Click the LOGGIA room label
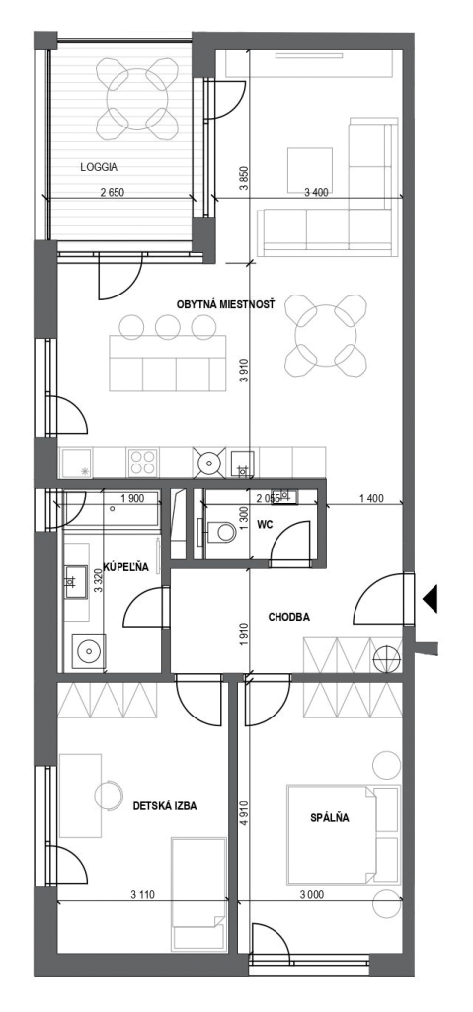(99, 166)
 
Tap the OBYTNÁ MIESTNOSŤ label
(226, 303)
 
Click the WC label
(265, 525)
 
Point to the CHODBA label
(289, 617)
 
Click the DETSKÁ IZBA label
(165, 806)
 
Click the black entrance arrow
(430, 598)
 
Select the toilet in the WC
(219, 531)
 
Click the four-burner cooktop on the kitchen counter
(142, 463)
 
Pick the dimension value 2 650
(111, 192)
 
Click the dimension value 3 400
(316, 192)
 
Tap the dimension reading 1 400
(370, 498)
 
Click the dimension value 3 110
(142, 895)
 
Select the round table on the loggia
(137, 99)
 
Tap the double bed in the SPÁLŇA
(344, 833)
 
